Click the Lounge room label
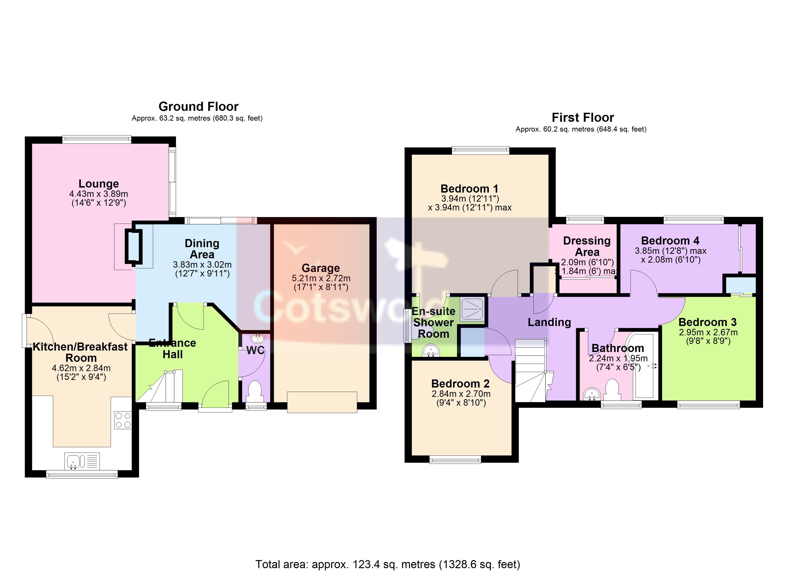99,184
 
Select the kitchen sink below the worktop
82,461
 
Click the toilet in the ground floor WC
255,390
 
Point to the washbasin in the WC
257,338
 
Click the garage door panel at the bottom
322,402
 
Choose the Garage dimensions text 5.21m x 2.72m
321,278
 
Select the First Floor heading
583,117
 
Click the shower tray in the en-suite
472,309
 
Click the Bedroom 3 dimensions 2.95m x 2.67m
708,332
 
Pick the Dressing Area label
587,246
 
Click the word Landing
549,322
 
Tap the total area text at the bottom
388,564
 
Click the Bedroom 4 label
670,240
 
